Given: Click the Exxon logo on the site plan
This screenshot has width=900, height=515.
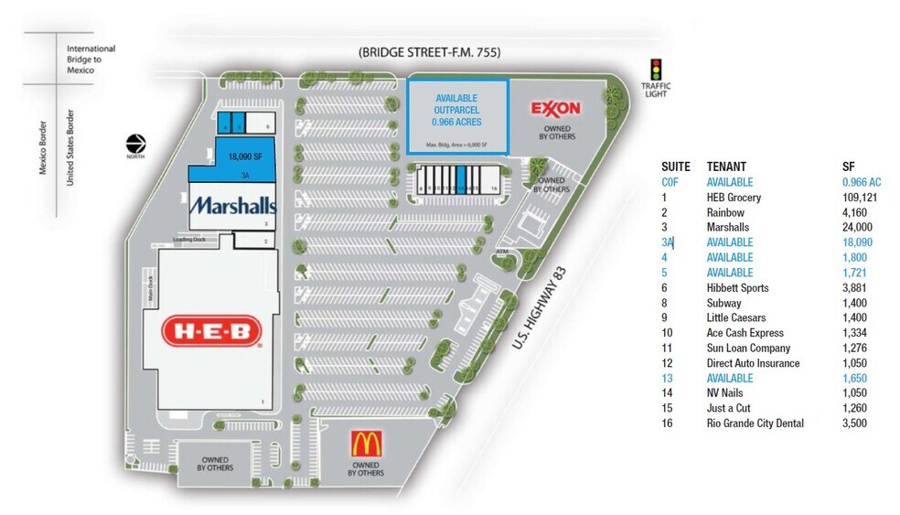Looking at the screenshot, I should pyautogui.click(x=555, y=109).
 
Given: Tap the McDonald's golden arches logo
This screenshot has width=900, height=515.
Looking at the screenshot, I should pyautogui.click(x=366, y=444).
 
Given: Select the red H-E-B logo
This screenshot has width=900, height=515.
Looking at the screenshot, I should pyautogui.click(x=212, y=332).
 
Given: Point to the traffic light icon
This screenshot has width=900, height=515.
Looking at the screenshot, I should pyautogui.click(x=655, y=70).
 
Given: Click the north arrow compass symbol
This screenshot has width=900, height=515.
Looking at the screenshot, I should pyautogui.click(x=136, y=144).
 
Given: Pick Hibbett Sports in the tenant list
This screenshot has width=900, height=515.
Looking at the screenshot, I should pyautogui.click(x=737, y=288).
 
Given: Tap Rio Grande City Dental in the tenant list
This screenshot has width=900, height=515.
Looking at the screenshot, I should pyautogui.click(x=755, y=424).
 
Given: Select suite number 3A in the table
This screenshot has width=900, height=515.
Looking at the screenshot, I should pyautogui.click(x=668, y=242).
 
